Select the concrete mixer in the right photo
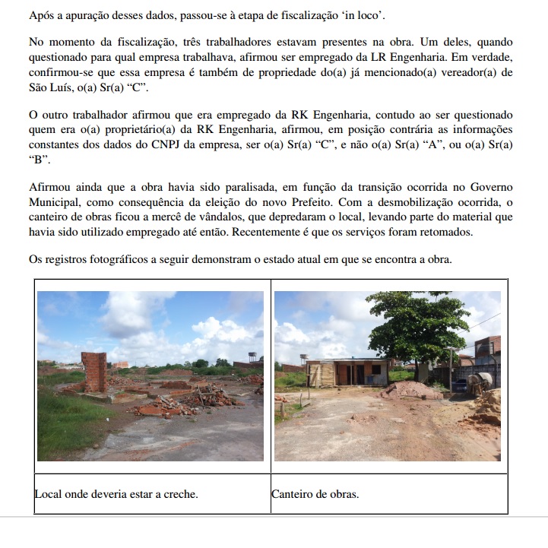482,382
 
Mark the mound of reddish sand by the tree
407,390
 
